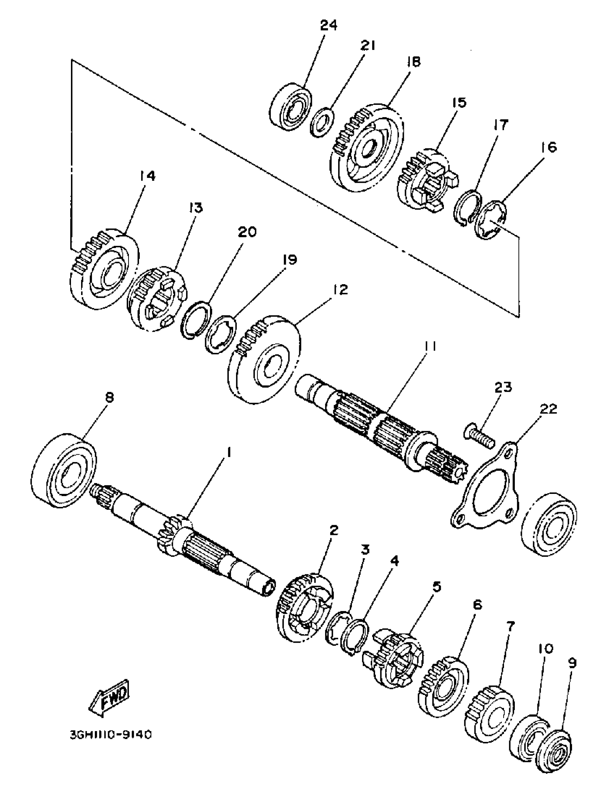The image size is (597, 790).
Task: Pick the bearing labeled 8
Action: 64,470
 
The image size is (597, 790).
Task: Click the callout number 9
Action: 572,663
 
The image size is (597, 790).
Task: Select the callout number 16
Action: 551,147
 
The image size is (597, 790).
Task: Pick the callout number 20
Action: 247,232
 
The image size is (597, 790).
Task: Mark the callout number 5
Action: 437,587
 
